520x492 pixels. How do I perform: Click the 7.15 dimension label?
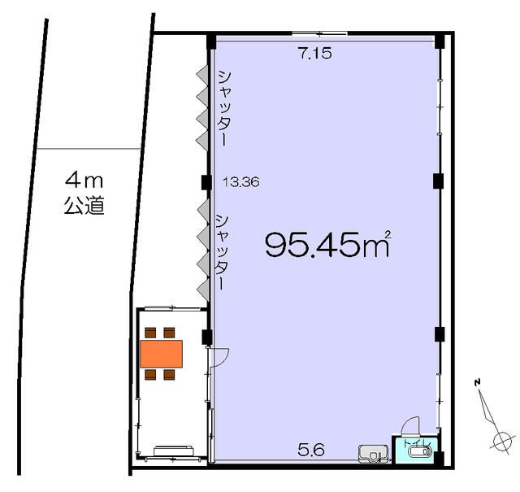pyautogui.click(x=315, y=53)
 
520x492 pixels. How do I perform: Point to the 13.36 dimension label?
pyautogui.click(x=241, y=182)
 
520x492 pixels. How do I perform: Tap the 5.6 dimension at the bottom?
pyautogui.click(x=310, y=451)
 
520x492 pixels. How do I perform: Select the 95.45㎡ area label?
pyautogui.click(x=327, y=244)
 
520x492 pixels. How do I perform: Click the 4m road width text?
pyautogui.click(x=84, y=181)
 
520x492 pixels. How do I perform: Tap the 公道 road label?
pyautogui.click(x=84, y=206)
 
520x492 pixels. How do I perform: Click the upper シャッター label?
pyautogui.click(x=224, y=108)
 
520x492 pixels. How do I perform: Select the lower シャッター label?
pyautogui.click(x=223, y=252)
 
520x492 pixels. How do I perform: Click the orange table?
pyautogui.click(x=161, y=354)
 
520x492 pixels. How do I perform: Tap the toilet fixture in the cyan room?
pyautogui.click(x=421, y=451)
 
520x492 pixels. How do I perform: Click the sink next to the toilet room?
pyautogui.click(x=374, y=453)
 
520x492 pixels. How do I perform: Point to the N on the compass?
pyautogui.click(x=478, y=382)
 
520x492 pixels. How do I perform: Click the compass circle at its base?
pyautogui.click(x=502, y=442)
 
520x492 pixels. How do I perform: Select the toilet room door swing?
pyautogui.click(x=410, y=426)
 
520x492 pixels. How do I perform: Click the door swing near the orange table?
pyautogui.click(x=219, y=356)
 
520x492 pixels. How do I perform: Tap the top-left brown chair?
pyautogui.click(x=150, y=333)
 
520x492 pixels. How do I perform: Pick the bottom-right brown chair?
pyautogui.click(x=169, y=375)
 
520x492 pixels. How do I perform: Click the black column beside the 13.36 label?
pyautogui.click(x=206, y=181)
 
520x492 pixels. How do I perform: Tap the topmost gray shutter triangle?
pyautogui.click(x=202, y=74)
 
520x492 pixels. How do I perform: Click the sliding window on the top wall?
pyautogui.click(x=319, y=33)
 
